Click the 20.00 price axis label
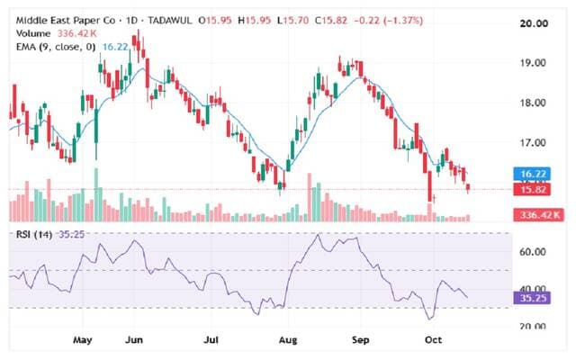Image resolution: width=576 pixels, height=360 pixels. (x=534, y=23)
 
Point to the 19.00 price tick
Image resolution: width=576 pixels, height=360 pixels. (x=532, y=63)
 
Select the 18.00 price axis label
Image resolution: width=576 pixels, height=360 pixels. (x=532, y=103)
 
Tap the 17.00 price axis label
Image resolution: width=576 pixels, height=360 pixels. (x=532, y=142)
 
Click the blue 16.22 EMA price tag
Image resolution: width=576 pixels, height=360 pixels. (x=532, y=174)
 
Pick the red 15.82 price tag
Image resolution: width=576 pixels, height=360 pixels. (x=532, y=190)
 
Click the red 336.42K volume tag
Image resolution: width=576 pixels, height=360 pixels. (x=538, y=214)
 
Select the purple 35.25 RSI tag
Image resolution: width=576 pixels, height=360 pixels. (x=532, y=298)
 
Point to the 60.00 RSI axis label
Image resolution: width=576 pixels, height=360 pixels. (x=532, y=252)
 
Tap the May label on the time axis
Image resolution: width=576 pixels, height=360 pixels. (x=83, y=340)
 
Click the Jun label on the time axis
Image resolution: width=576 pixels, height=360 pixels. (x=134, y=340)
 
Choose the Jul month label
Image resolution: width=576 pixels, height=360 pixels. (x=211, y=340)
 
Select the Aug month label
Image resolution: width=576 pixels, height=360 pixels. (x=288, y=340)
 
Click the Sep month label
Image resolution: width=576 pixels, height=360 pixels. (x=360, y=340)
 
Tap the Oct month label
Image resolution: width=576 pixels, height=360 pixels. (x=433, y=340)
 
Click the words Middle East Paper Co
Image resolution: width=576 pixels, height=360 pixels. (x=66, y=21)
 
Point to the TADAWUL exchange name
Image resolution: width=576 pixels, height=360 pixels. (x=170, y=21)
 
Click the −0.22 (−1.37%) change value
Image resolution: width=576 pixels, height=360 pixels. (x=388, y=21)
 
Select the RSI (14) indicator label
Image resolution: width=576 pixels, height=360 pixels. (x=34, y=234)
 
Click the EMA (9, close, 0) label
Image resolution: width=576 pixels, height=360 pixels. (x=56, y=47)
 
